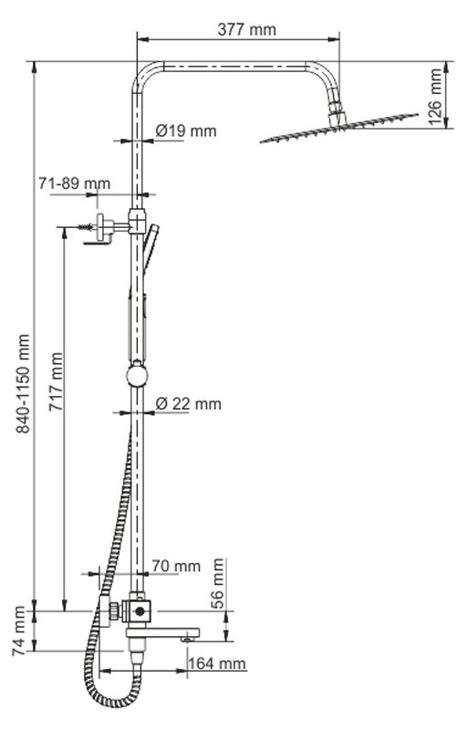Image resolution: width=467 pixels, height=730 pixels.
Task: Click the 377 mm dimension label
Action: (x=246, y=29)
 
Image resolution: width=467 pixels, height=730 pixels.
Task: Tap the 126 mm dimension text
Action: (x=435, y=97)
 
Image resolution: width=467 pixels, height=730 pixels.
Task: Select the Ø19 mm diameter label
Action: (x=186, y=130)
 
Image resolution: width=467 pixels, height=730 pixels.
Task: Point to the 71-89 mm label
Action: (x=75, y=183)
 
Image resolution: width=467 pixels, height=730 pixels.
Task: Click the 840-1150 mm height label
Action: (x=23, y=383)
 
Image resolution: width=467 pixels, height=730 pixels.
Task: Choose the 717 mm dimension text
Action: (x=57, y=381)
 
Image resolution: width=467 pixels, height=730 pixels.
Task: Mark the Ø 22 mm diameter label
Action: (x=189, y=403)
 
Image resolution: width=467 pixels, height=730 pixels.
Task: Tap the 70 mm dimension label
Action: (x=176, y=566)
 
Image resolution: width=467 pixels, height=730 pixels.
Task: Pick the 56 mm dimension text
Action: (x=217, y=584)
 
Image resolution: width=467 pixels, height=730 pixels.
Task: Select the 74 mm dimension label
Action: (x=18, y=631)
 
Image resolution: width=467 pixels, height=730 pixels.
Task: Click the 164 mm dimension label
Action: (x=217, y=663)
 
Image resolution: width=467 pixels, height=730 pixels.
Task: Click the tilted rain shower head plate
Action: (x=338, y=128)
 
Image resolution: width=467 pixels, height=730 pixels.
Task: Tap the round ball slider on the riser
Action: (x=137, y=375)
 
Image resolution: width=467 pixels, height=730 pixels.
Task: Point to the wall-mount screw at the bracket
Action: (x=85, y=227)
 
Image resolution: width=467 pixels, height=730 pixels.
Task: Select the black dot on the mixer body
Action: (x=140, y=610)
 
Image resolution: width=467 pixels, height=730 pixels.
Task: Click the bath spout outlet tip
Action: (x=188, y=640)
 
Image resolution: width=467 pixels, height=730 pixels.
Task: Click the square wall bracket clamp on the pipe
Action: (x=137, y=221)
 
